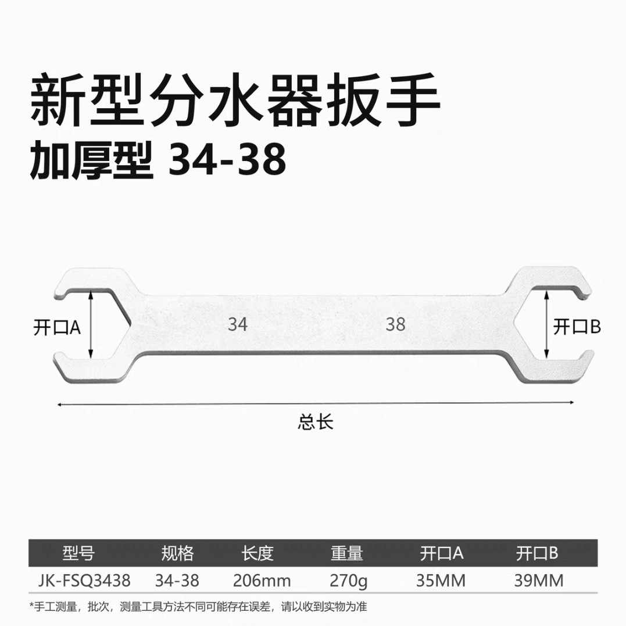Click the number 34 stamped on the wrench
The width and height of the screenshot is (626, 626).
238,324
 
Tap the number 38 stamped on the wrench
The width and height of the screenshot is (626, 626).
395,324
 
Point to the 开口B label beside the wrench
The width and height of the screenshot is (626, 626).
577,327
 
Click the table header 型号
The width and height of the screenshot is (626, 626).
77,553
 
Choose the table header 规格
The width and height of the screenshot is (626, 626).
177,553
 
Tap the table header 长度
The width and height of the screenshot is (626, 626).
257,553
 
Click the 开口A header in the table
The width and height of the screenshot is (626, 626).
441,553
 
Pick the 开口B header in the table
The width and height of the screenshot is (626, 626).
537,553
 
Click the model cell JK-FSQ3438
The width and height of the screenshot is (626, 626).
84,580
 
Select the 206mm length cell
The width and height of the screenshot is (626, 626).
262,580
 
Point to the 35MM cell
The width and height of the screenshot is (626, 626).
441,580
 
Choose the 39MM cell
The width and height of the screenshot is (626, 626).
539,580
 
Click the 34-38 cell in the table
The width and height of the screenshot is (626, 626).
177,580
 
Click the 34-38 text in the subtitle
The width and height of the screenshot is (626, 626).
227,161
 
